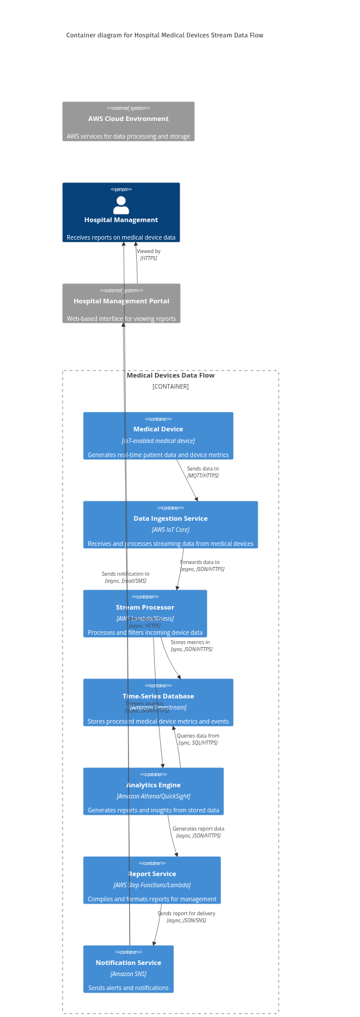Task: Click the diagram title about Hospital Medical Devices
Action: click(165, 35)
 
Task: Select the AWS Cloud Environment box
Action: click(129, 122)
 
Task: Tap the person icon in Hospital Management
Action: click(121, 205)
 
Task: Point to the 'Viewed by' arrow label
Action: click(148, 251)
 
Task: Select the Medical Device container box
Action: click(158, 436)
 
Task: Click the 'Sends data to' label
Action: click(203, 469)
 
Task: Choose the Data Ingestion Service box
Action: click(170, 525)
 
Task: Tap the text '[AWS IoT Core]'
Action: click(170, 530)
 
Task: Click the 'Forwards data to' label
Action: click(200, 562)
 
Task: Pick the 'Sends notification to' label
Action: click(126, 574)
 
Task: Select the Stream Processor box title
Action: click(145, 607)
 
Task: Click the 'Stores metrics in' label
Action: click(190, 642)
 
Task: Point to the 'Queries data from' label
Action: click(198, 736)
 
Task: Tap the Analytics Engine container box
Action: click(153, 791)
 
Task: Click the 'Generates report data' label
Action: click(198, 829)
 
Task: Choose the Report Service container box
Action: click(152, 880)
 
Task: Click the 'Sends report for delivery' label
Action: click(186, 914)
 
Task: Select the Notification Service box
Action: click(129, 969)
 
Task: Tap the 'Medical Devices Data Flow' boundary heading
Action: click(171, 375)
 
